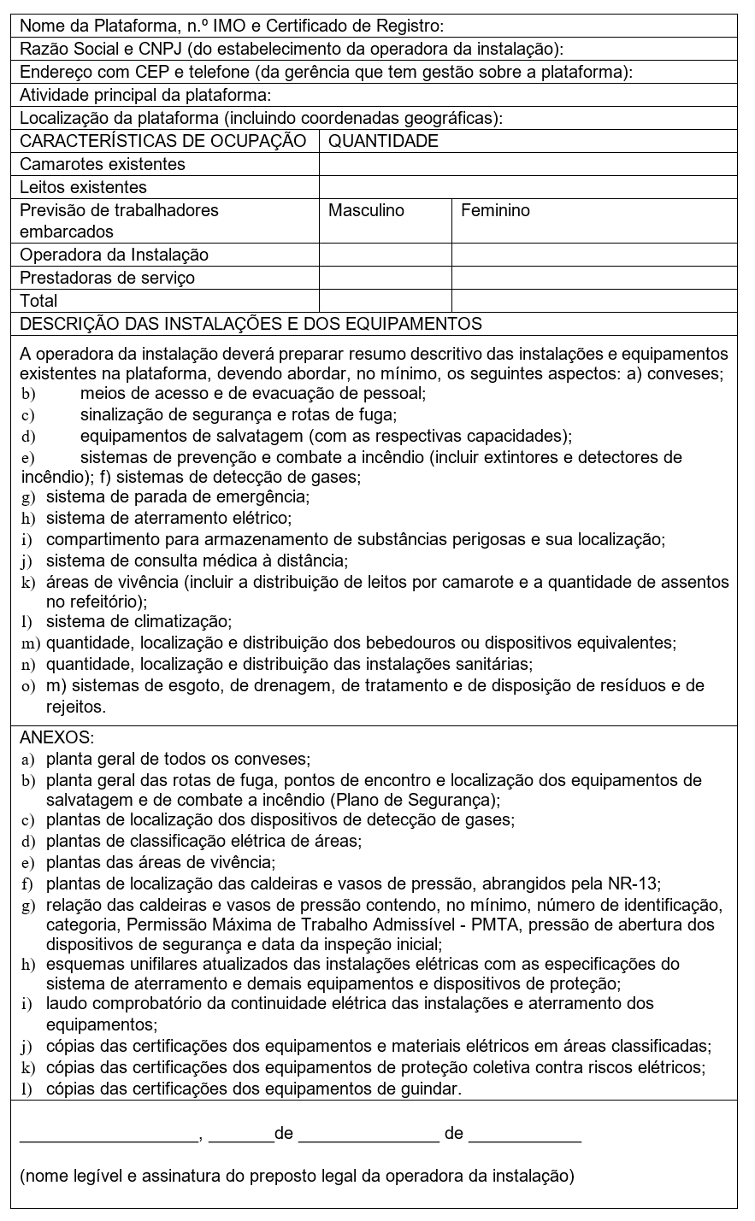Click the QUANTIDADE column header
pyautogui.click(x=383, y=141)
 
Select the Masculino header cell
pyautogui.click(x=366, y=210)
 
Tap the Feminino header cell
pyautogui.click(x=495, y=210)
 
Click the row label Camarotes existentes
pyautogui.click(x=103, y=164)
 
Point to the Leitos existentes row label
pyautogui.click(x=84, y=187)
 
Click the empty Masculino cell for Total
pyautogui.click(x=385, y=301)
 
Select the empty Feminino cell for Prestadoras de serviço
pyautogui.click(x=593, y=278)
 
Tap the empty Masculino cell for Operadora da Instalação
pyautogui.click(x=385, y=255)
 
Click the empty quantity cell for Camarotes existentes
pyautogui.click(x=527, y=164)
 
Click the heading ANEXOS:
pyautogui.click(x=57, y=737)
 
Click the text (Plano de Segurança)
pyautogui.click(x=415, y=801)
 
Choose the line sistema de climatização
pyautogui.click(x=139, y=621)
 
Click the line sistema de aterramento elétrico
pyautogui.click(x=168, y=518)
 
